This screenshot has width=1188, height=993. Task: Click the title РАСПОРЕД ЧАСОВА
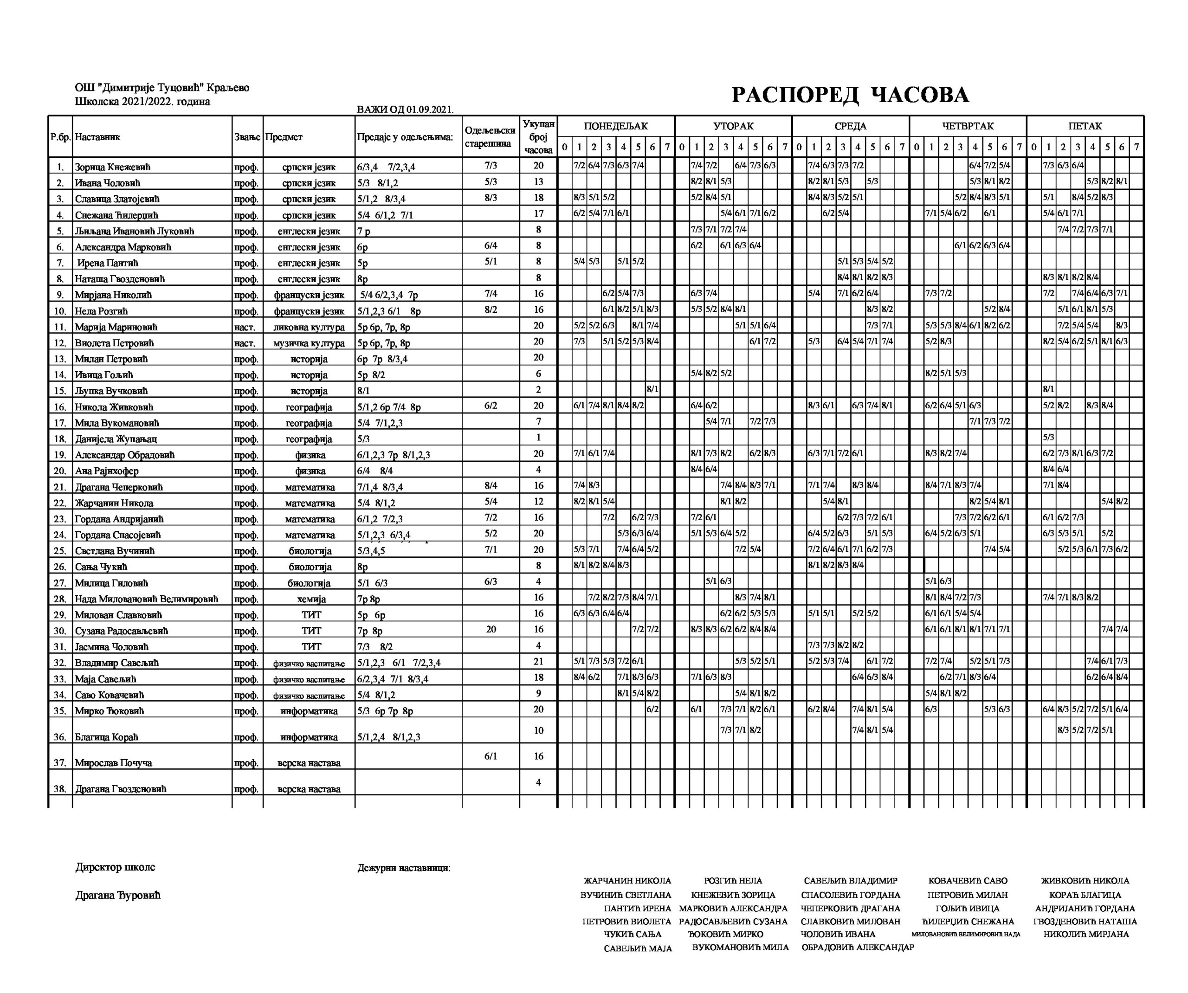[x=850, y=95]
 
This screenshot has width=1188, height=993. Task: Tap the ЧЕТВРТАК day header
[x=968, y=126]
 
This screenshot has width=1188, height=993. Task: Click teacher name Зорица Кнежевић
[x=113, y=167]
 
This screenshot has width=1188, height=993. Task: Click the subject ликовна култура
[x=309, y=327]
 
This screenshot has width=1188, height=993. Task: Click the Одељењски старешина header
[x=490, y=137]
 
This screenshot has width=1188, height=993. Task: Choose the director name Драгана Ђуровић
[x=118, y=896]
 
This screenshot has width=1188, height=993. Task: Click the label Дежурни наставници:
[x=404, y=868]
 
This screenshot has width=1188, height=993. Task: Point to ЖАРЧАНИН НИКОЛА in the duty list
[x=627, y=881]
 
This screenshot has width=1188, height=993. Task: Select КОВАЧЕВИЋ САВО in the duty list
[x=968, y=881]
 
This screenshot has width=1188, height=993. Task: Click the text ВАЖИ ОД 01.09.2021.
[x=405, y=109]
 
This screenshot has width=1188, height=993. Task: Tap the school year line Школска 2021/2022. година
[x=142, y=102]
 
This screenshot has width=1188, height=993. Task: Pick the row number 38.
[x=60, y=789]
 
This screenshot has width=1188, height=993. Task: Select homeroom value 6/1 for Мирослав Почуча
[x=491, y=756]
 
